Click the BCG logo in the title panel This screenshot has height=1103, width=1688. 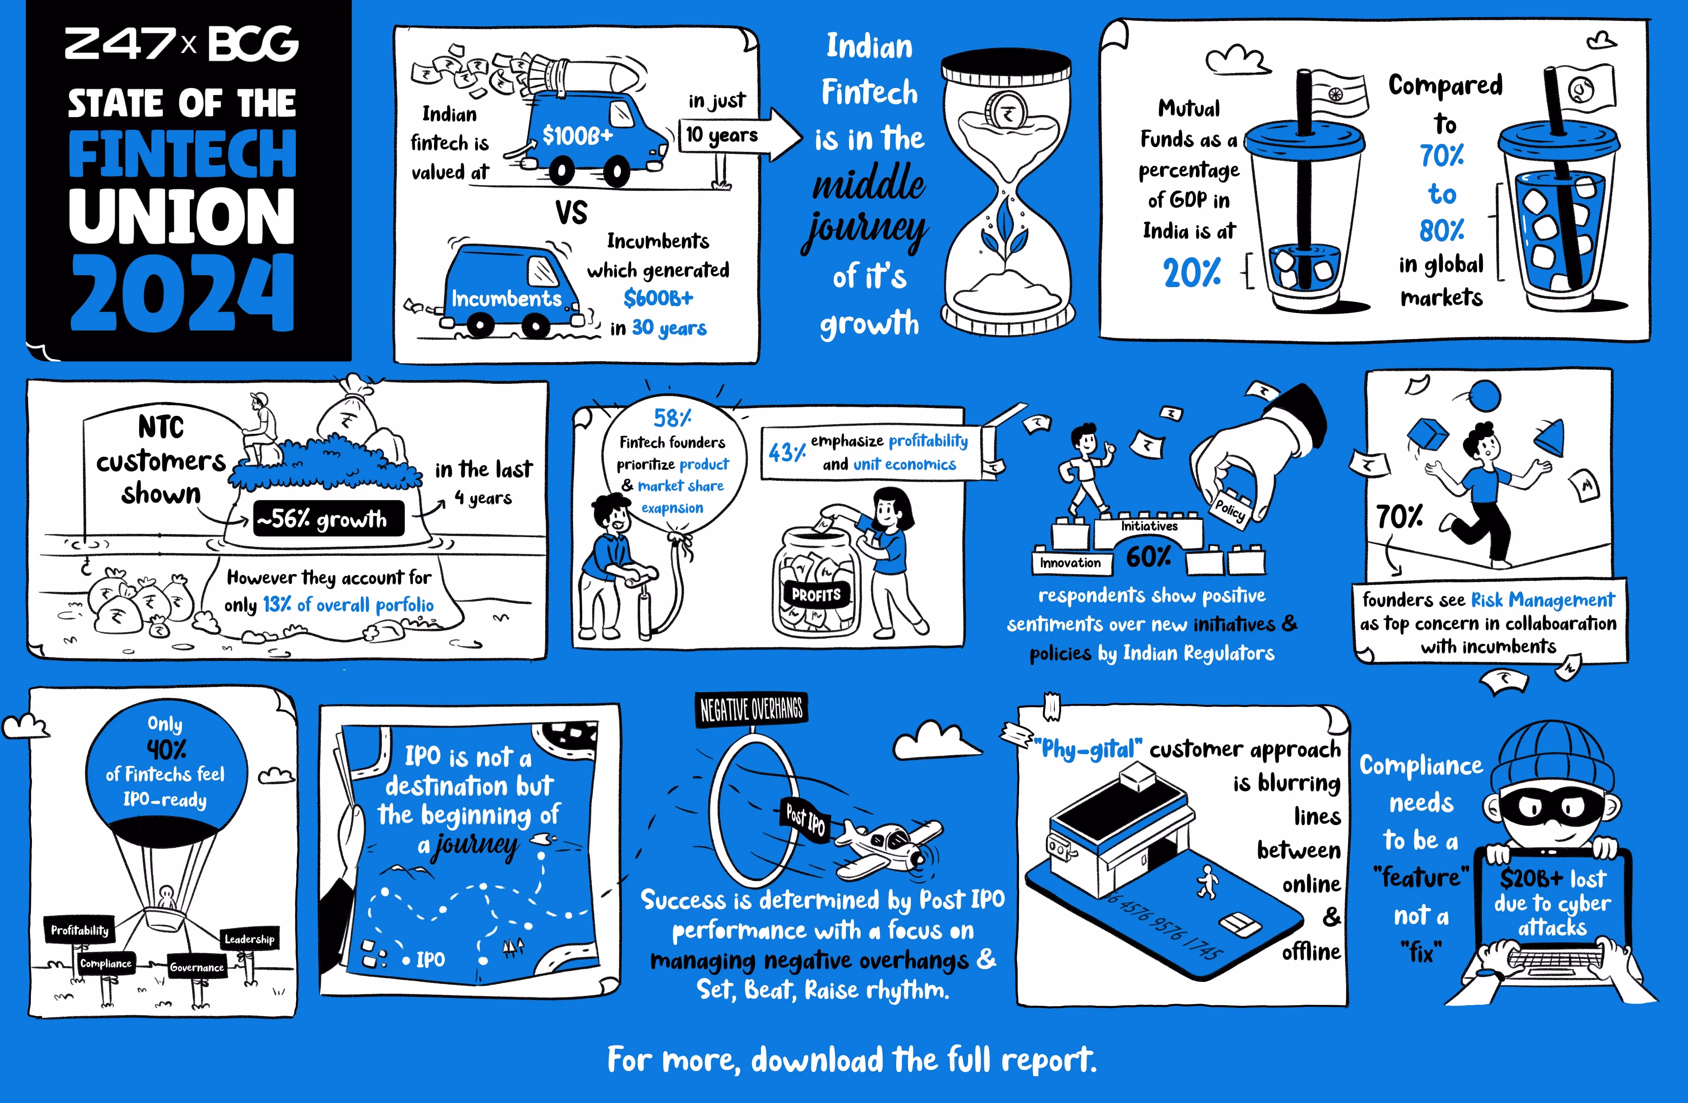pos(253,44)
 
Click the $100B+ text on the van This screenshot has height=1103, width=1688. pos(577,135)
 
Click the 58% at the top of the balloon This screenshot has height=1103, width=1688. pos(672,418)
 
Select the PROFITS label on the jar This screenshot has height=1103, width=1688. pos(816,594)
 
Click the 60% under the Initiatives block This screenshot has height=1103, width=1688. pos(1148,557)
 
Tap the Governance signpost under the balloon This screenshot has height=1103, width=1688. pos(197,967)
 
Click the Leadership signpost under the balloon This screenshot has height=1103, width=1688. pos(249,939)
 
